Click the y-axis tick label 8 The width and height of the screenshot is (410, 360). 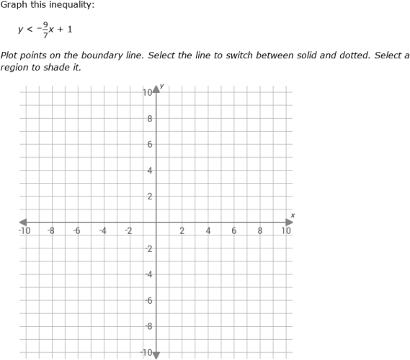[x=149, y=119]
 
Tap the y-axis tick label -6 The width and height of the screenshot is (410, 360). [x=148, y=300]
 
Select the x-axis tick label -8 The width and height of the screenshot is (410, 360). [x=50, y=231]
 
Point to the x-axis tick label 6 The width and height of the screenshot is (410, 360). [x=234, y=231]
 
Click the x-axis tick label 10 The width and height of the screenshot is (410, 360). [x=286, y=231]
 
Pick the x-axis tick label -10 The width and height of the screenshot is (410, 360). [x=24, y=231]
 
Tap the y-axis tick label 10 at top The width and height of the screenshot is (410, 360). [x=147, y=93]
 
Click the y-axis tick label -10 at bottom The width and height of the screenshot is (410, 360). [x=146, y=353]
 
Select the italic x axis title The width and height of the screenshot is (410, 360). [x=293, y=215]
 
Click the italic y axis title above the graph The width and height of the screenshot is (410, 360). [x=162, y=86]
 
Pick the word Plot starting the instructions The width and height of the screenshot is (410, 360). [x=9, y=55]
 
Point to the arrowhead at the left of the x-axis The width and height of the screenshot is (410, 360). [x=23, y=222]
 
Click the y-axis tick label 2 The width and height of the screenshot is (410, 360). [x=149, y=197]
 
